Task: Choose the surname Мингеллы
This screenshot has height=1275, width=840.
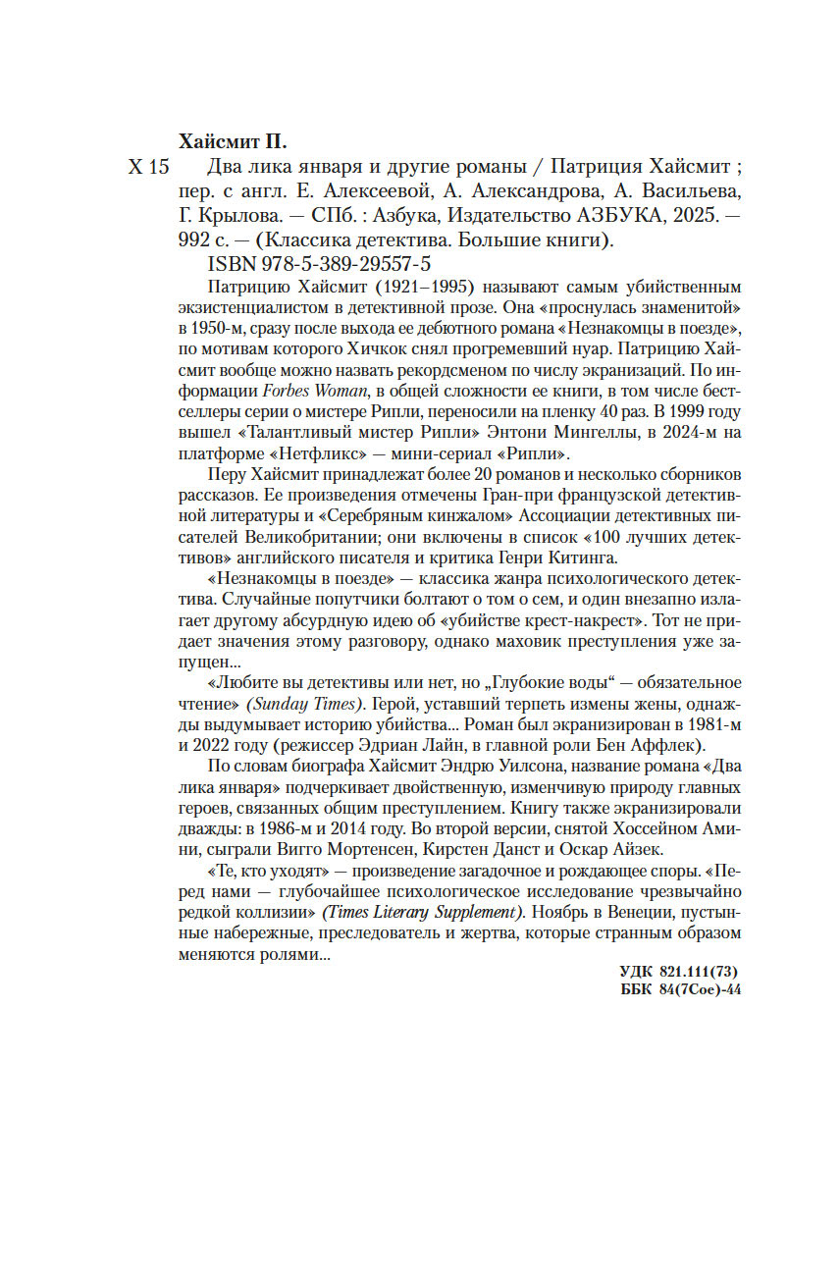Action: point(593,433)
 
